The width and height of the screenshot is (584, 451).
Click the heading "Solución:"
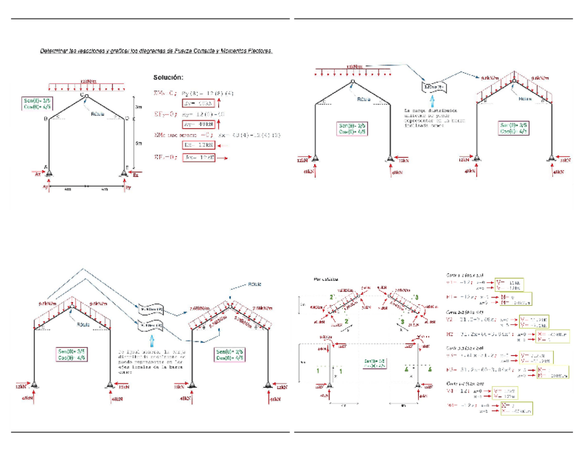[x=168, y=76]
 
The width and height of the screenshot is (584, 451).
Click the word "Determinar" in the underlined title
[x=56, y=50]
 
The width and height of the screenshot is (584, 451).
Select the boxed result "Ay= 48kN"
[x=198, y=125]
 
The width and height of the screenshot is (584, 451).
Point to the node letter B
[x=45, y=119]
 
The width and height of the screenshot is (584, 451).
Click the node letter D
[x=126, y=119]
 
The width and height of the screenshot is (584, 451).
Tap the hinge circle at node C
[x=86, y=97]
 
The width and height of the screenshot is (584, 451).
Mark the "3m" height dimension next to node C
[x=138, y=107]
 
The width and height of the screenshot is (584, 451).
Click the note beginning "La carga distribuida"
[x=428, y=118]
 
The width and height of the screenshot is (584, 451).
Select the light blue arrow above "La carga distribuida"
[x=432, y=99]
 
